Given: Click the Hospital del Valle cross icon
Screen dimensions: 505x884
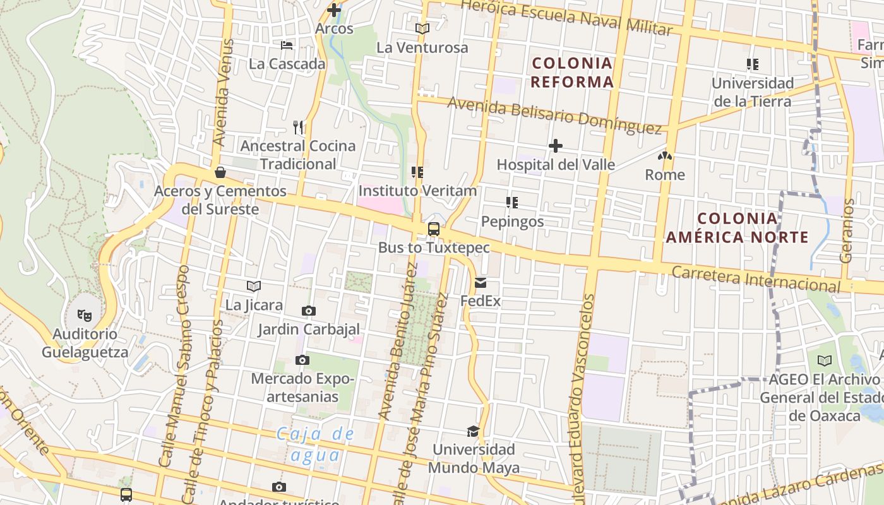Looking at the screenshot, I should click(x=556, y=146).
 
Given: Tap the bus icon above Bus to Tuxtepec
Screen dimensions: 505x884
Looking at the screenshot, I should click(x=434, y=229).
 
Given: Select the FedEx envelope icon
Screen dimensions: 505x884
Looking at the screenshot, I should click(x=481, y=283).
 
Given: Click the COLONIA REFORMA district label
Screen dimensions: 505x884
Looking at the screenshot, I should click(x=572, y=72).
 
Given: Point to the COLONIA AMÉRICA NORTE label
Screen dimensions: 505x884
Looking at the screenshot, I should click(x=737, y=228).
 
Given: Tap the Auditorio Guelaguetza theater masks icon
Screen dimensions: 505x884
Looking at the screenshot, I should click(x=85, y=314).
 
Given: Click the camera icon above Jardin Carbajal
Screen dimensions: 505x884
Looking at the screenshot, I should click(x=308, y=311).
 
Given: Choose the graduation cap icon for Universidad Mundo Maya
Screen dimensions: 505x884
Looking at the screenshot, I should click(x=473, y=431).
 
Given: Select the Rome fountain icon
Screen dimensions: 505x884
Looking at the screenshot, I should click(x=664, y=156).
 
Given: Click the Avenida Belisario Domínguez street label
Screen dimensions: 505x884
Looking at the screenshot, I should click(x=554, y=114).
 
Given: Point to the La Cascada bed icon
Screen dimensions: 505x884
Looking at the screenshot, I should click(x=287, y=45).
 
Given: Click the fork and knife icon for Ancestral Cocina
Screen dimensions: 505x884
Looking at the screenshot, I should click(x=299, y=128).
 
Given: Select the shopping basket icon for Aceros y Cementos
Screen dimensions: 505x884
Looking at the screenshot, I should click(x=220, y=172).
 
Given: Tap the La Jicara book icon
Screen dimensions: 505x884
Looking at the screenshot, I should click(x=254, y=286).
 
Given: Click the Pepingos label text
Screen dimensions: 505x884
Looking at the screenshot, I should click(x=512, y=222).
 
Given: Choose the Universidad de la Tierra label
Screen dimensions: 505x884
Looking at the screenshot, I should click(x=752, y=92).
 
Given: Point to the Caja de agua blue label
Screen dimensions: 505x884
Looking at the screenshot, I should click(x=316, y=444).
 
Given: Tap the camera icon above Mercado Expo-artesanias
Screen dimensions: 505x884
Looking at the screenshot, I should click(x=302, y=360).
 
